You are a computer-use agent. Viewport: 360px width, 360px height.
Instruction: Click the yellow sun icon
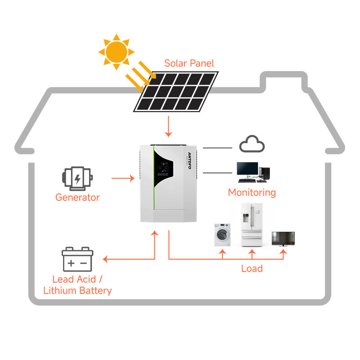click(x=117, y=52)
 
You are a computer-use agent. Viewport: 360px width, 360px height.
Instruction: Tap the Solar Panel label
click(x=189, y=63)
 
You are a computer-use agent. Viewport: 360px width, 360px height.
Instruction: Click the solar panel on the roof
click(x=176, y=92)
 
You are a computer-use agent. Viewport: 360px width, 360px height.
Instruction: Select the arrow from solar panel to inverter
click(x=168, y=126)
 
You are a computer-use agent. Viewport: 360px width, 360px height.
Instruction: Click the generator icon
click(x=77, y=179)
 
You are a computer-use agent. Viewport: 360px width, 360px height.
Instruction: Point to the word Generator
click(x=77, y=198)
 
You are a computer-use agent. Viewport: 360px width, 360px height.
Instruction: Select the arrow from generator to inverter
click(x=123, y=178)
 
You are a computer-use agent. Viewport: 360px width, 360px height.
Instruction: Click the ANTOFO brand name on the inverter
click(x=189, y=161)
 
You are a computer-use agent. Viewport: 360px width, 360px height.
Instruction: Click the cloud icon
click(x=252, y=144)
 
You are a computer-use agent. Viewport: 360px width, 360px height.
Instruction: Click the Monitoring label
click(x=252, y=193)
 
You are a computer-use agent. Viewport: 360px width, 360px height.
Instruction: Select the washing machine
click(x=222, y=234)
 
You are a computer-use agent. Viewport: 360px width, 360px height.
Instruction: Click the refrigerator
click(x=252, y=225)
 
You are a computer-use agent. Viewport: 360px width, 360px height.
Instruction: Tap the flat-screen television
click(x=283, y=239)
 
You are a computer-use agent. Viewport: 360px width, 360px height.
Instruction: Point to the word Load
click(x=252, y=268)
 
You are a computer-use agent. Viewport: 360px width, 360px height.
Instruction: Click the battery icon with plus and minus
click(x=77, y=259)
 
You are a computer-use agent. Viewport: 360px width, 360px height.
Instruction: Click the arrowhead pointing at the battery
click(x=105, y=259)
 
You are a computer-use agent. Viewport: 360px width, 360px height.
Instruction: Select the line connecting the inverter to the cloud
click(x=217, y=148)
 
